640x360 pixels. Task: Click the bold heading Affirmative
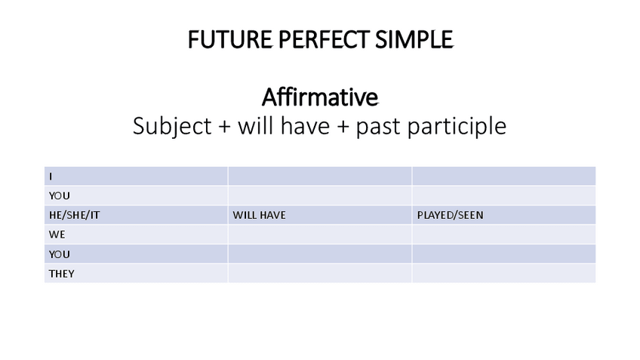coord(320,97)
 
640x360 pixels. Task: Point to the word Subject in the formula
coord(172,125)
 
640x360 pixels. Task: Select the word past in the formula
coord(380,125)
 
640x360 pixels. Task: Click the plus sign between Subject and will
coord(223,126)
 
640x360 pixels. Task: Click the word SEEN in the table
coord(469,215)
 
